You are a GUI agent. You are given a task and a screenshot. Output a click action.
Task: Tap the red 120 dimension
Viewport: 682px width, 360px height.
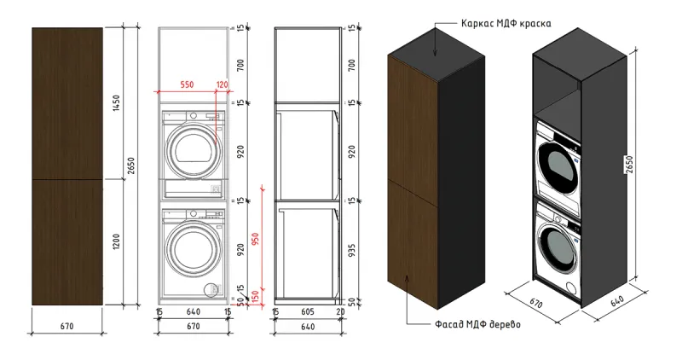tap(223, 84)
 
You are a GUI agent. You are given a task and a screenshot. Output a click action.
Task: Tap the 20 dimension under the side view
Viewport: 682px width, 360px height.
tap(340, 312)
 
